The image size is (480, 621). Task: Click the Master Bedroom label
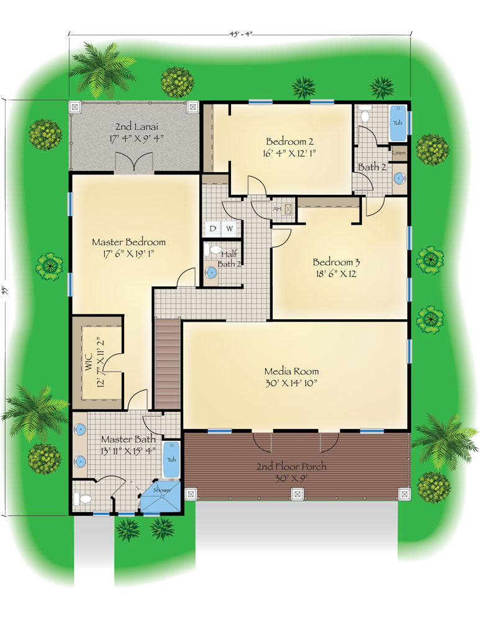click(x=129, y=242)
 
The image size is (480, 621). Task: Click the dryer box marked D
click(x=212, y=229)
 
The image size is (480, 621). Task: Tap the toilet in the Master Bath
click(x=83, y=499)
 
